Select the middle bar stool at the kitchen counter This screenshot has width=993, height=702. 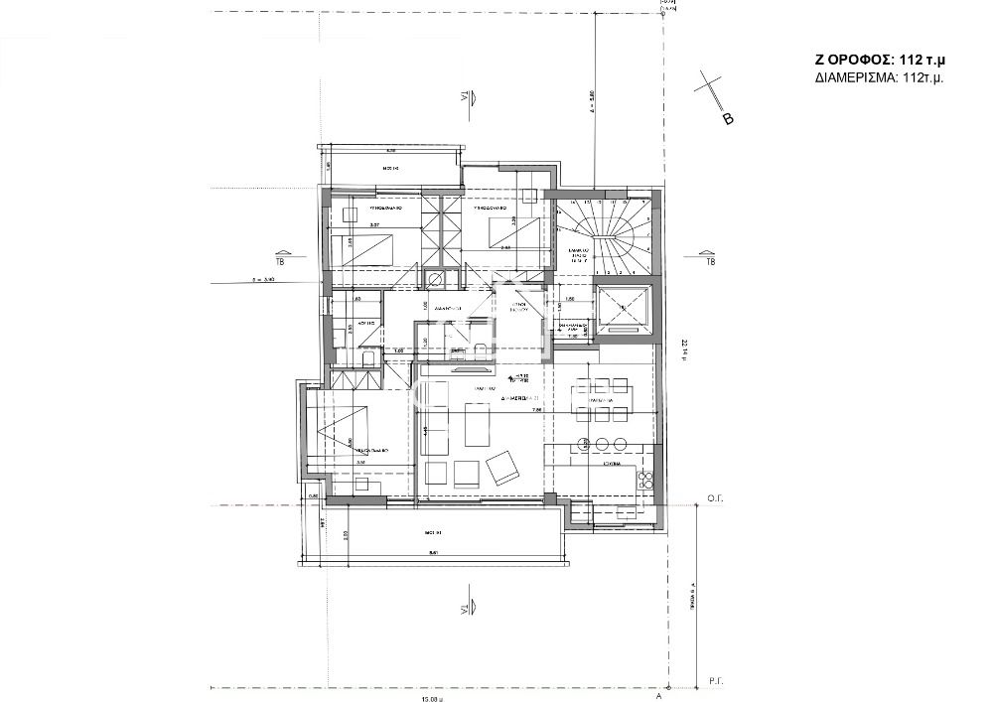603,443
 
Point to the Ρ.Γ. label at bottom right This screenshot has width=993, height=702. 712,680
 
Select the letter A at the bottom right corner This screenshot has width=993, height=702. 659,696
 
